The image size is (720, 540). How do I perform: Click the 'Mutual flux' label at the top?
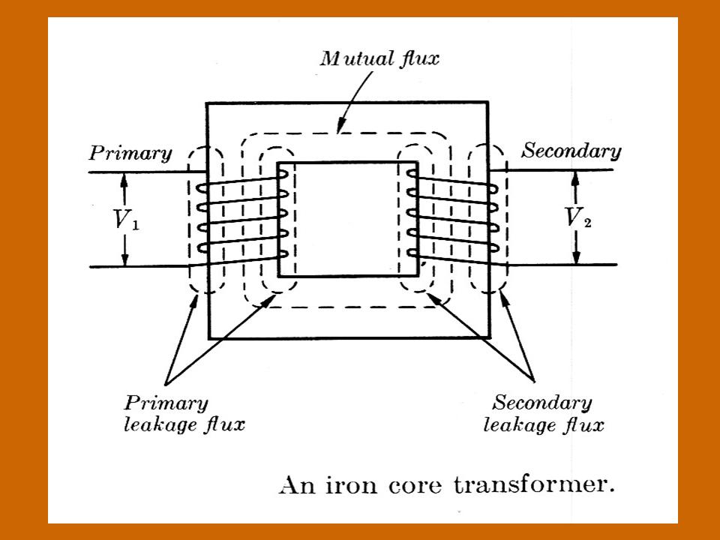(379, 59)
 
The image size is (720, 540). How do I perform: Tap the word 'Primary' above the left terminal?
(130, 154)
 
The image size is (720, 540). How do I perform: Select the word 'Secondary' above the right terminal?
(571, 151)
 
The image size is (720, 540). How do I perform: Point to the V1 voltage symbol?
(126, 219)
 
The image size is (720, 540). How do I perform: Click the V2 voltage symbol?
(577, 218)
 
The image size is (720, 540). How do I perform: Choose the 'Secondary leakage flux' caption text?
(543, 414)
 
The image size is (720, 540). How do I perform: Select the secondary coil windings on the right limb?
(450, 217)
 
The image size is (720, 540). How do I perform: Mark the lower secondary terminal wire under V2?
(562, 265)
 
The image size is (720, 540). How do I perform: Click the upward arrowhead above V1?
(125, 178)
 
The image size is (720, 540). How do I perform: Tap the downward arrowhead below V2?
(577, 258)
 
